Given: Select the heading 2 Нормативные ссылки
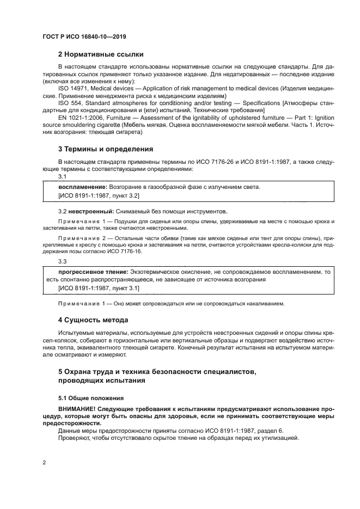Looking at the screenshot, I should click(x=101, y=54).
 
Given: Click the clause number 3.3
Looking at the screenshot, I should click(x=62, y=262).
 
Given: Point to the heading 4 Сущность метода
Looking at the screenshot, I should click(x=93, y=320).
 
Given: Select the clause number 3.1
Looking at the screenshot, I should click(x=62, y=177).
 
